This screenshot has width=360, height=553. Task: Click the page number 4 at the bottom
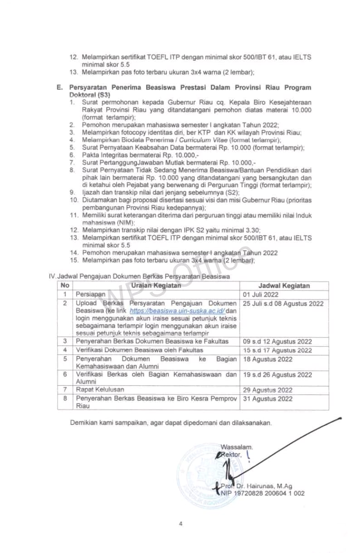(180, 524)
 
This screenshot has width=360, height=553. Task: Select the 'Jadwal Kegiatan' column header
(284, 286)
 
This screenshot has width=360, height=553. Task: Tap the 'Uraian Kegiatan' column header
(156, 286)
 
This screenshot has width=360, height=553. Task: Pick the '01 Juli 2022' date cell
(262, 294)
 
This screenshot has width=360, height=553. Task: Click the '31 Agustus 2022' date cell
(268, 399)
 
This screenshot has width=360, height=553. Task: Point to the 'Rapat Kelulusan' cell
(100, 390)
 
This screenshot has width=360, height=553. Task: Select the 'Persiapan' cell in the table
(91, 294)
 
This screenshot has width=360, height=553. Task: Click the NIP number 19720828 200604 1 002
(263, 493)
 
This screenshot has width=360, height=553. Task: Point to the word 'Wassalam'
(236, 447)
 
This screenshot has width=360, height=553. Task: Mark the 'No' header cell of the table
(65, 286)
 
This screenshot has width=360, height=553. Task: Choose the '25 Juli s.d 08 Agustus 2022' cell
(283, 303)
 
